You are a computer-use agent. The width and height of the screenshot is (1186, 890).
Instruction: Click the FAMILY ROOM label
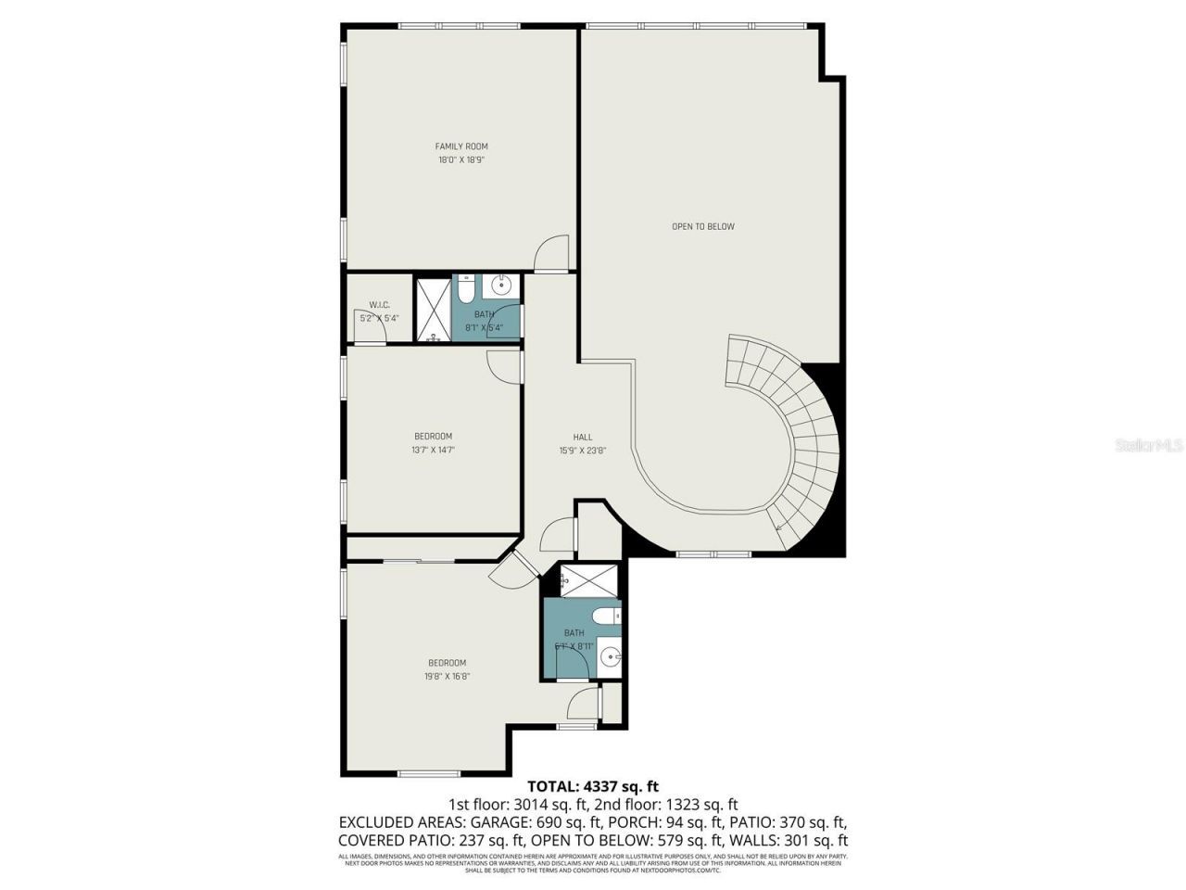coord(461,146)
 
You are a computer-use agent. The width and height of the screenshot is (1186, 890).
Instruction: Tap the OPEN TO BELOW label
coord(702,226)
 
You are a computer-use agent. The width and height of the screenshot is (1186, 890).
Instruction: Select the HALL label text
coord(582,438)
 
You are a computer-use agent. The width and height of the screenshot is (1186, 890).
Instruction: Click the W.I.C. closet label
coord(379,305)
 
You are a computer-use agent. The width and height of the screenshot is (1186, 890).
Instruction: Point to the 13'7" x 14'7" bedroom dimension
coord(433,451)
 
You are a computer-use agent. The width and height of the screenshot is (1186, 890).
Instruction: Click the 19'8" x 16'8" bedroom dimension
coord(447,677)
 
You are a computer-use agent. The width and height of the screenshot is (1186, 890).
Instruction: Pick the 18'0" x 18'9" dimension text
coord(461,160)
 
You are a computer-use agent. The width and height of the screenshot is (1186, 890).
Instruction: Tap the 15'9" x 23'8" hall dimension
coord(582,451)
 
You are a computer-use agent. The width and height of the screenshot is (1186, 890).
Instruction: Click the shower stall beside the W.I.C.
coord(431,310)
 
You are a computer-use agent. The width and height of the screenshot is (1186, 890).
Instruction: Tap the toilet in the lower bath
coord(607,616)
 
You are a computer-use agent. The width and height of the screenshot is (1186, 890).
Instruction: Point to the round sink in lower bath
coord(609,656)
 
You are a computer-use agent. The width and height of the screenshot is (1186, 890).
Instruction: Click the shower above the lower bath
coord(589,581)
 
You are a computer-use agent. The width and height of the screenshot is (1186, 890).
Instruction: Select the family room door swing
coord(553,254)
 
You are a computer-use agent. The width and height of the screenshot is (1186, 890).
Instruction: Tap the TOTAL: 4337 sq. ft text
coord(593,787)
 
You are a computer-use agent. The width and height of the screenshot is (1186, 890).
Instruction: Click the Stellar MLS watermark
coord(1149,446)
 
